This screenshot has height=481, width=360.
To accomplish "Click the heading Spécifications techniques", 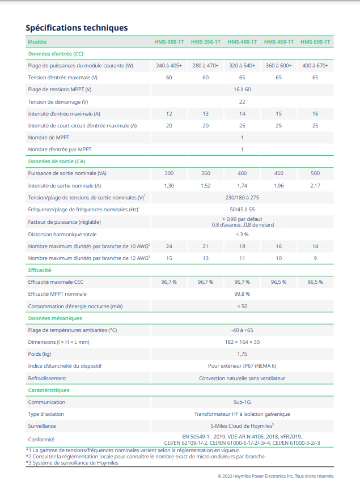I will [x=77, y=28].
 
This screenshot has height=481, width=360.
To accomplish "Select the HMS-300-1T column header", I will [x=169, y=42].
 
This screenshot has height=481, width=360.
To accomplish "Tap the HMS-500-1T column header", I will [x=315, y=42].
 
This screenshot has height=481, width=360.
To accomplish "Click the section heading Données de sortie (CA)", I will [x=56, y=161].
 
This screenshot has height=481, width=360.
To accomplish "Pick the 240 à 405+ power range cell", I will [x=169, y=66].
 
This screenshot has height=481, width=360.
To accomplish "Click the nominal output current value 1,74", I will [x=242, y=185].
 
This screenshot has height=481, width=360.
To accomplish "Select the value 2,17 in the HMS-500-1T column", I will [x=315, y=185].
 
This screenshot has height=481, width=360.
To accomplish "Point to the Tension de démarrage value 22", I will [x=242, y=102].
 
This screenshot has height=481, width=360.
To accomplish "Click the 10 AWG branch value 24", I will [x=169, y=246].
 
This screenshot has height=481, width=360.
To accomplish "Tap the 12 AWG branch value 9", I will [x=315, y=258].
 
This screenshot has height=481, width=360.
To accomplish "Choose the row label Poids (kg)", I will [x=39, y=354].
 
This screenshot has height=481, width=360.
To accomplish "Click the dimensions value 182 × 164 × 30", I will [x=242, y=342].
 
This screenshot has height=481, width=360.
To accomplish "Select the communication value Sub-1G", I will [x=242, y=402].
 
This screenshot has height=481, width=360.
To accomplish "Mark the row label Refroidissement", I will [x=47, y=378].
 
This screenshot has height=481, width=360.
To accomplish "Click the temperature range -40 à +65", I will [x=242, y=330].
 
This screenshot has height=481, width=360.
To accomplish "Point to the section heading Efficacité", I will [x=40, y=270].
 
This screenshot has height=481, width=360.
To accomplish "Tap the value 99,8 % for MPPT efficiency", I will [x=242, y=294].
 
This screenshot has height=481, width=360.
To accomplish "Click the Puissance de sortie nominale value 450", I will [x=278, y=173].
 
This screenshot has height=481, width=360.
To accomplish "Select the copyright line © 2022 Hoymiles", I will [x=276, y=476].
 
